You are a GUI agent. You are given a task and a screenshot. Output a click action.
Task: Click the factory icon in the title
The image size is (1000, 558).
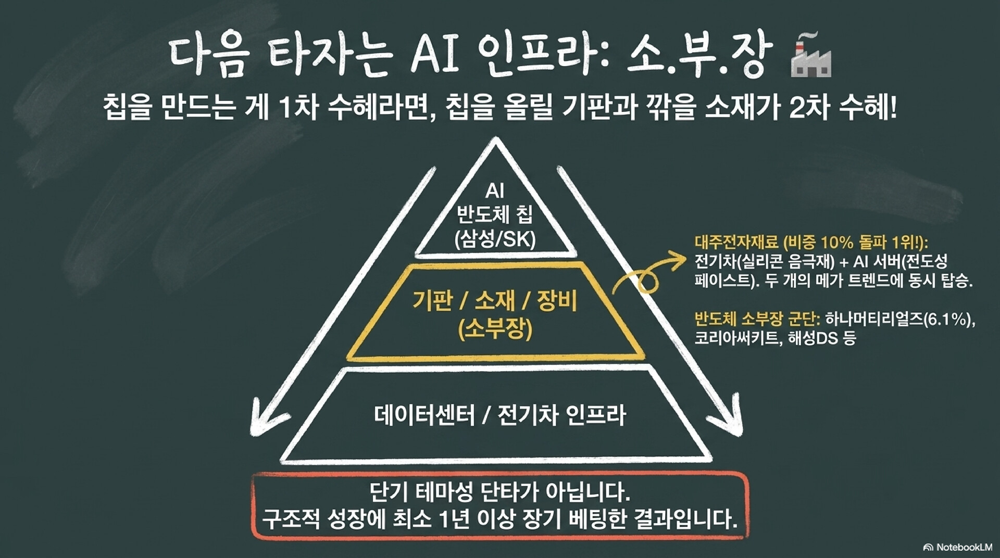coord(811,56)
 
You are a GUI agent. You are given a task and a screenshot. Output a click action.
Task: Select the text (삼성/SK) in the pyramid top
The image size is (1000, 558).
coord(495,239)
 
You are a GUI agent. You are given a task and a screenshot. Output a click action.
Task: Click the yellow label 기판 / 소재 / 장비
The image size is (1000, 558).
coord(495,301)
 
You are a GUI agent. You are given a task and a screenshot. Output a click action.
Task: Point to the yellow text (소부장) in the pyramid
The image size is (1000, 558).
coord(495,328)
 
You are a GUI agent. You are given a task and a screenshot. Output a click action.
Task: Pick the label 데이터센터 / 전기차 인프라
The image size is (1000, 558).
coord(499,415)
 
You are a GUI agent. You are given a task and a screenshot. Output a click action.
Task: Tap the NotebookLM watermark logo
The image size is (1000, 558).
coord(957,547)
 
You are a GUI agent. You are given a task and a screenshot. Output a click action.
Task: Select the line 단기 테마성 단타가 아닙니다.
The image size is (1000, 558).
coord(499,491)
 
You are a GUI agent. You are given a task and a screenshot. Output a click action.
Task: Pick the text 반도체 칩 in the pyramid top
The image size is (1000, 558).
coord(495,214)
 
